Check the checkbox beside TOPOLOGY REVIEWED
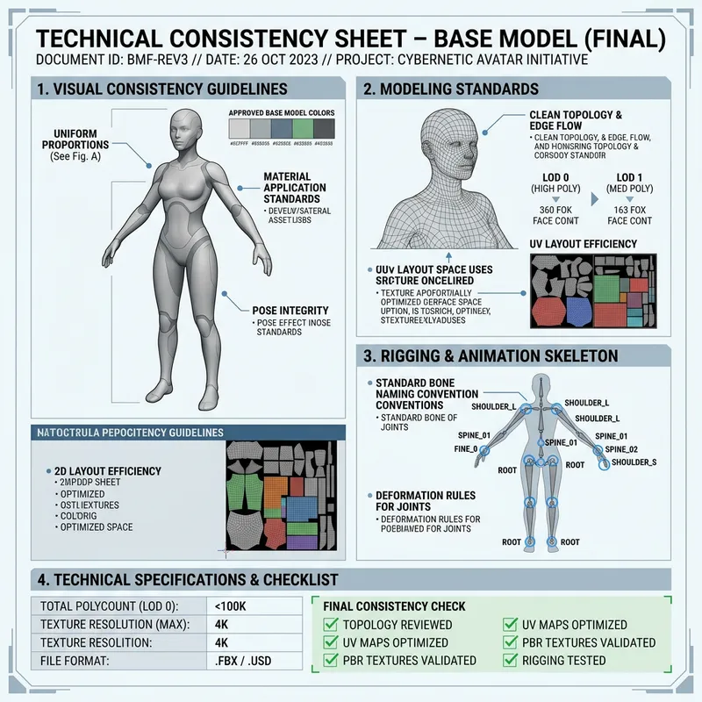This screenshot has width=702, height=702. point(332,625)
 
